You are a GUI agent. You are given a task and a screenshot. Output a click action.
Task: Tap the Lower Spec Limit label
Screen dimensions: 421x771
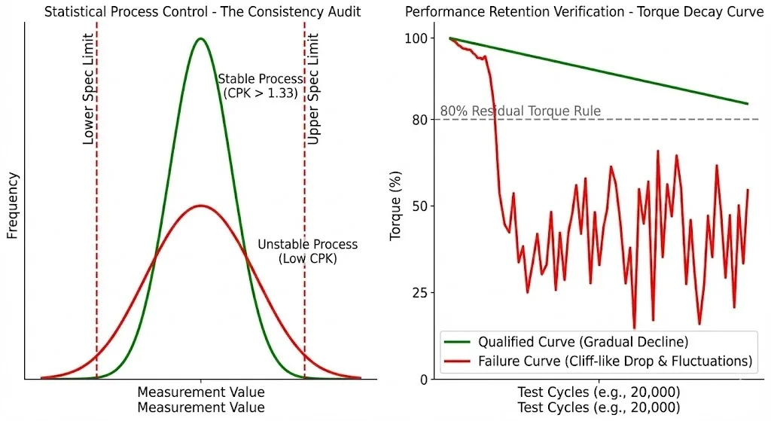88,89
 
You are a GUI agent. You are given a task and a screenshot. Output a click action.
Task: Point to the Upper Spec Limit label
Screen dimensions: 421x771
314,89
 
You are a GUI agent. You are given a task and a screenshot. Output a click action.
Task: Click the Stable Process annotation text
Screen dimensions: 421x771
261,86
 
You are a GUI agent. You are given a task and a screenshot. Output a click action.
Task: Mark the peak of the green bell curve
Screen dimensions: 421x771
200,38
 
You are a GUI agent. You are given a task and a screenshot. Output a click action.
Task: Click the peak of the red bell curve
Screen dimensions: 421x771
200,205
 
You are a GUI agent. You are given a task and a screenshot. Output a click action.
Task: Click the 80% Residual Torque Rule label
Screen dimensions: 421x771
520,111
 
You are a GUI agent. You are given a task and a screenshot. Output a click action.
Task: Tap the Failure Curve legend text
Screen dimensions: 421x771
614,361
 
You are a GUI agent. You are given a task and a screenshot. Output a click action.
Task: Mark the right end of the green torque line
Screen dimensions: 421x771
748,104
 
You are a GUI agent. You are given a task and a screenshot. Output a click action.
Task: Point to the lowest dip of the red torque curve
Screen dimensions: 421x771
634,328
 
